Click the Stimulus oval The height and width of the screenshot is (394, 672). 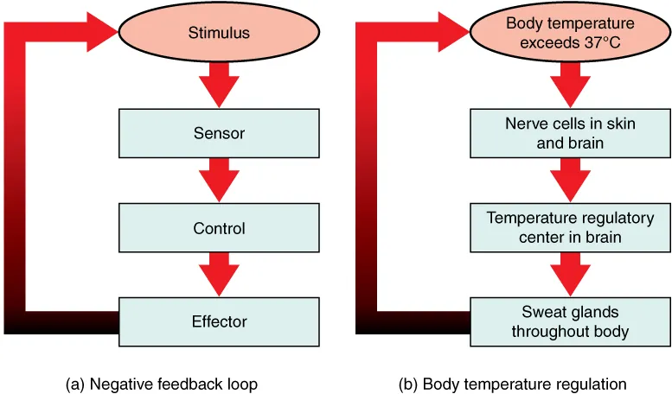pyautogui.click(x=219, y=34)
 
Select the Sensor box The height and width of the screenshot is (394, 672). pyautogui.click(x=219, y=133)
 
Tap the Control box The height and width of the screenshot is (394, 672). pyautogui.click(x=219, y=229)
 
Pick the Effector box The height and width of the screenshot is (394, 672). pyautogui.click(x=219, y=321)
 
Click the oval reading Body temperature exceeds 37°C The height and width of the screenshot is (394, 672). pyautogui.click(x=570, y=33)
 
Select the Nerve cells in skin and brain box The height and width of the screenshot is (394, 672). pyautogui.click(x=570, y=133)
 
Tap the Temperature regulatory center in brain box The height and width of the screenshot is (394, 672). pyautogui.click(x=570, y=227)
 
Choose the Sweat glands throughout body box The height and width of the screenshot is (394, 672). pyautogui.click(x=570, y=321)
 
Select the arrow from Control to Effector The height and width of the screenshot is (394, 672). pyautogui.click(x=219, y=276)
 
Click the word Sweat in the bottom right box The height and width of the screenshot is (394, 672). pyautogui.click(x=541, y=312)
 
